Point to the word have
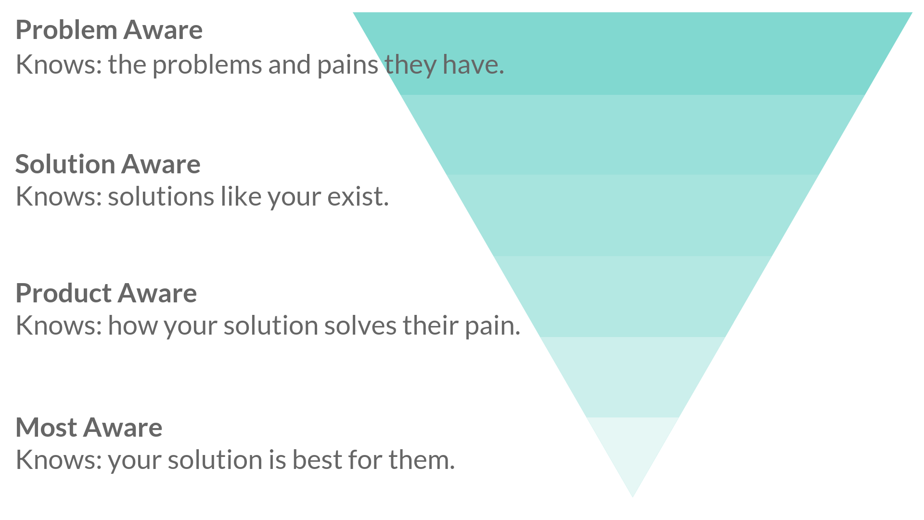(472, 65)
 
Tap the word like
(240, 197)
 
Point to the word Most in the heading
(45, 428)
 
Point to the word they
(410, 65)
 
